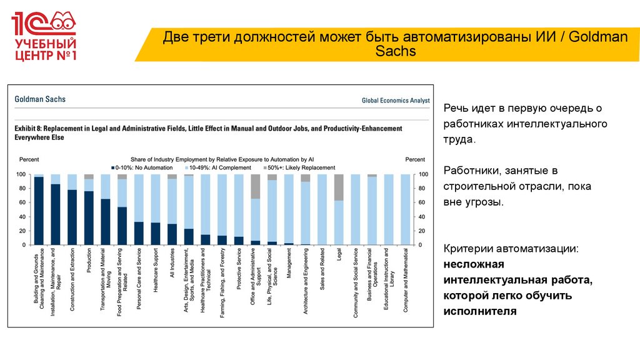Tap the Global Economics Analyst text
click(396, 100)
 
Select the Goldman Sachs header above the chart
click(40, 99)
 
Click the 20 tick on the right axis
click(421, 231)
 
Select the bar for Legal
click(339, 209)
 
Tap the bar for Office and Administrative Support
click(256, 209)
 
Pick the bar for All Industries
click(172, 209)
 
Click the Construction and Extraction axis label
click(72, 276)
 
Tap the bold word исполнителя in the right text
click(480, 310)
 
